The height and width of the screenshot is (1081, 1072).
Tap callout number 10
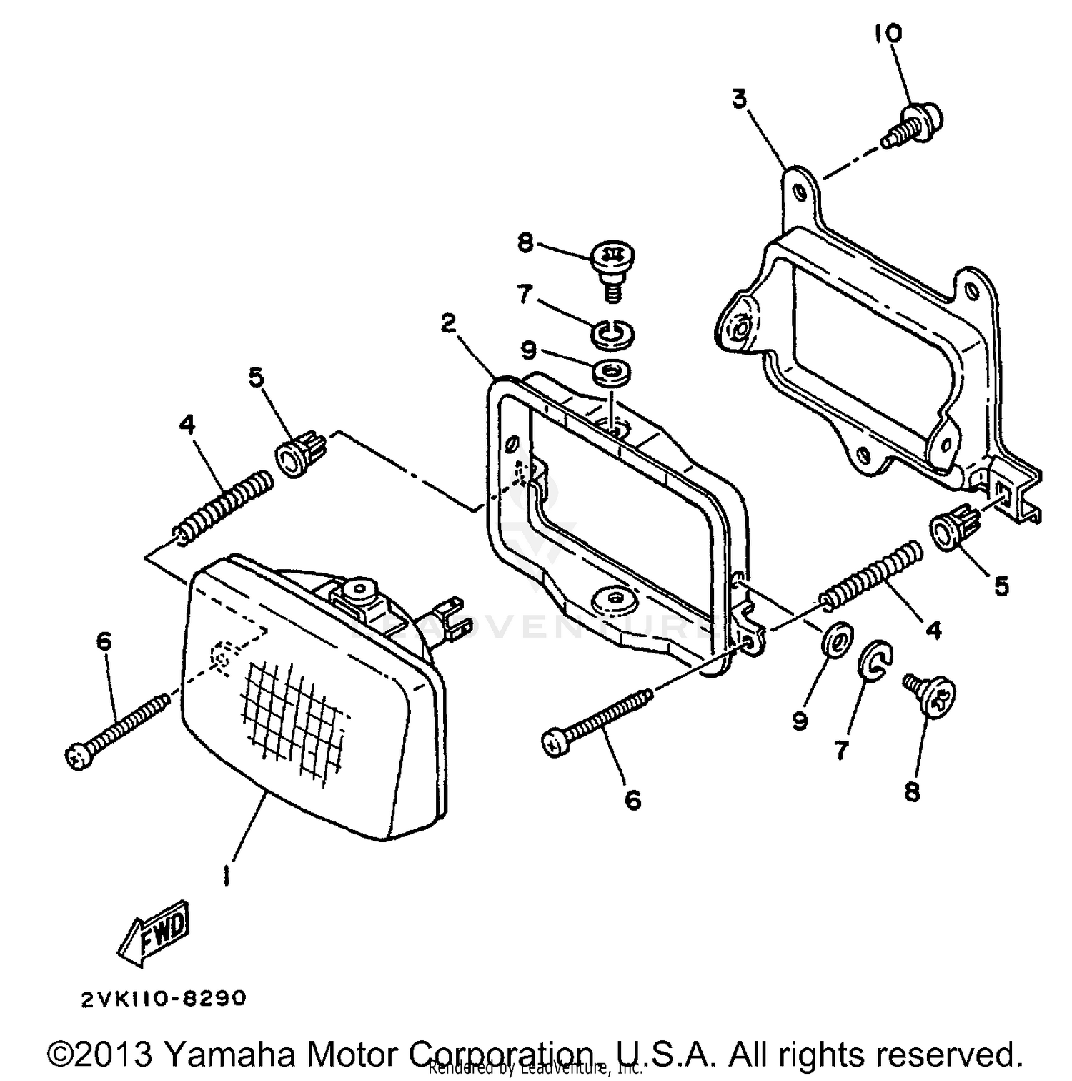pos(888,34)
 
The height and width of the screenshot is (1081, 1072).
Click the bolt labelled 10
pos(915,124)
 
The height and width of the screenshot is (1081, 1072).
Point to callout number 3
pos(740,98)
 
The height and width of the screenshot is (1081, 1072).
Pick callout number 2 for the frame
pos(448,324)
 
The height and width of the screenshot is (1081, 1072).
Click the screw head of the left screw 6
pos(79,756)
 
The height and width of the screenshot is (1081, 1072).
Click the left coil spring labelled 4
pos(224,505)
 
